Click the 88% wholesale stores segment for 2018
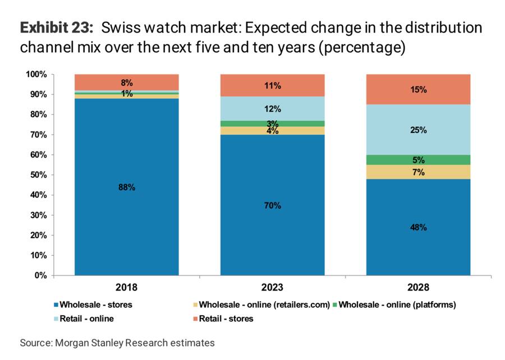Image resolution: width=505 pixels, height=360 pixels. pyautogui.click(x=127, y=187)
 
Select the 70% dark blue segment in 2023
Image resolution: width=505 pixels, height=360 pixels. pyautogui.click(x=272, y=205)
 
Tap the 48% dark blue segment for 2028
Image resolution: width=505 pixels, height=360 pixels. pyautogui.click(x=418, y=227)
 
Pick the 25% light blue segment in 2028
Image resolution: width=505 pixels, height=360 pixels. pyautogui.click(x=418, y=130)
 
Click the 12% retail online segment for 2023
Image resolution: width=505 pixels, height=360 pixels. pyautogui.click(x=272, y=109)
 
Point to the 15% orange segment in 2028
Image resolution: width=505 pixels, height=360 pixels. pyautogui.click(x=418, y=89)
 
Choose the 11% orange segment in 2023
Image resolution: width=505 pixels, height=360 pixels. pyautogui.click(x=272, y=85)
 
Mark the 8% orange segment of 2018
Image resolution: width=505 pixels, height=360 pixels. pyautogui.click(x=127, y=82)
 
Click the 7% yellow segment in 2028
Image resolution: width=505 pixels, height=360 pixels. pyautogui.click(x=418, y=172)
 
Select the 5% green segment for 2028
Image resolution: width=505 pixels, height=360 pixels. pyautogui.click(x=418, y=159)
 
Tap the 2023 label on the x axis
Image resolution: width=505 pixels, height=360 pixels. pyautogui.click(x=272, y=288)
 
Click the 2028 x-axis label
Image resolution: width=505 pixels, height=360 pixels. pyautogui.click(x=418, y=288)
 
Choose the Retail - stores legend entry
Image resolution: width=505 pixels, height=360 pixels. pyautogui.click(x=224, y=319)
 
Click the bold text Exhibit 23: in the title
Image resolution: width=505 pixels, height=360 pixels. pyautogui.click(x=56, y=27)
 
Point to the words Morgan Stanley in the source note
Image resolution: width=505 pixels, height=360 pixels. pyautogui.click(x=84, y=342)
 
